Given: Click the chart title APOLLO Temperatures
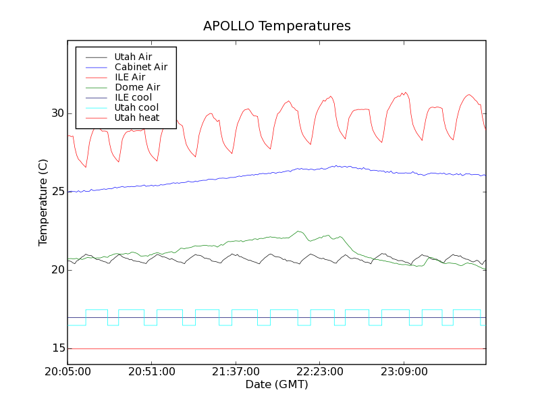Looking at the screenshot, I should (277, 26).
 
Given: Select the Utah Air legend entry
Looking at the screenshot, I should (133, 57).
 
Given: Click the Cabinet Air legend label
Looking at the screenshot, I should (140, 67).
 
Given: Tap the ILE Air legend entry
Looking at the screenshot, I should (130, 77).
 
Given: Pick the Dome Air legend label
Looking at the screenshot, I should (137, 87).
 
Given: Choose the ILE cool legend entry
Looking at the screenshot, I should (133, 97).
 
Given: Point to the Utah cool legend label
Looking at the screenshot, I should (136, 107).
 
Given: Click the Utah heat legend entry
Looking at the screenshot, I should (136, 117).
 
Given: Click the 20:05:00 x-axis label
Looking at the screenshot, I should (67, 372).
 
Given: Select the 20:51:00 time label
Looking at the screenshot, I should (151, 372).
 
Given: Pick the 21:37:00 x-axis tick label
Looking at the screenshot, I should (235, 372).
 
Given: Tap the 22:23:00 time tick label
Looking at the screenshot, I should (319, 372).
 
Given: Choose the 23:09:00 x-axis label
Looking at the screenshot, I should (404, 372).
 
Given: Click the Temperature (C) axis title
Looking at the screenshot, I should (43, 202).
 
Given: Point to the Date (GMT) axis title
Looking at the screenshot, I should (277, 385).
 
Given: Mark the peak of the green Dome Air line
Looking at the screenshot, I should (298, 232).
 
